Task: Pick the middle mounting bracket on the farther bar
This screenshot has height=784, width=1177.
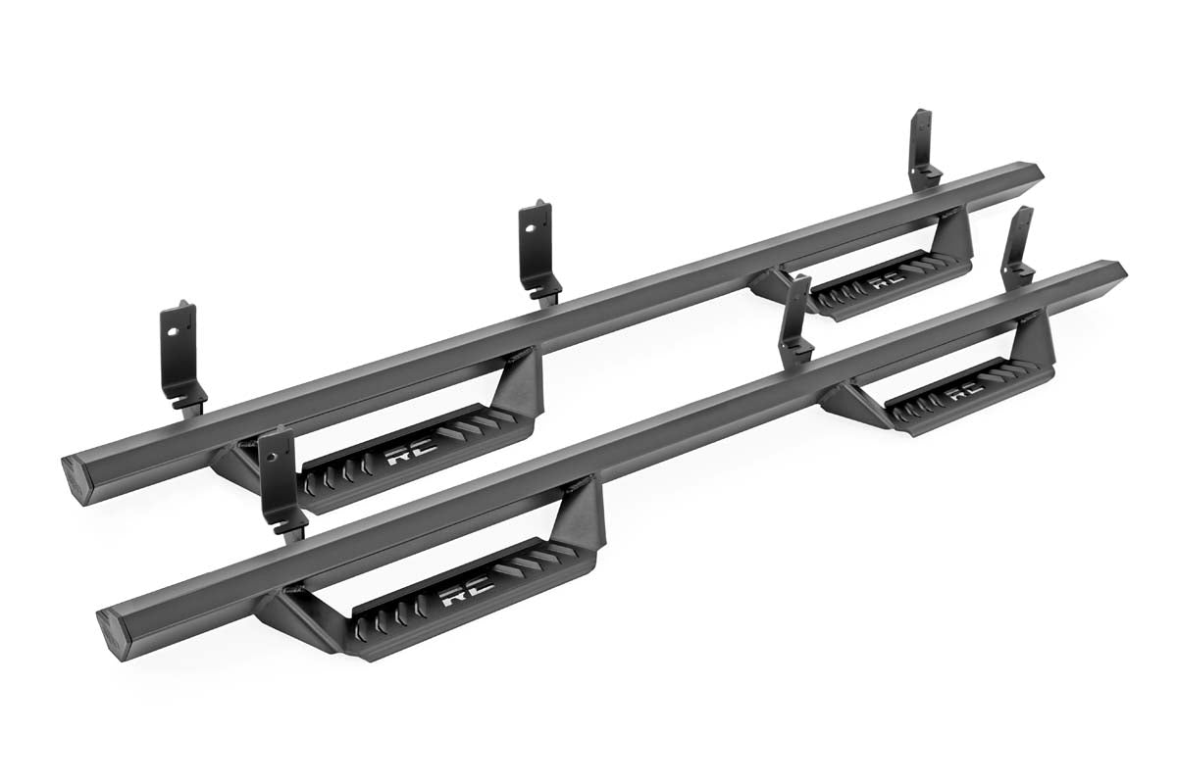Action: tap(537, 249)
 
